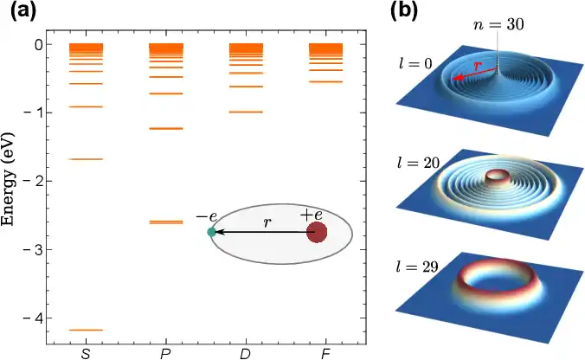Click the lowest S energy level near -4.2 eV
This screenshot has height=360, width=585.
click(87, 330)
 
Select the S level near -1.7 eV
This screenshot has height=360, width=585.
click(87, 159)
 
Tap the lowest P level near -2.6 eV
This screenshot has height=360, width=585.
click(166, 222)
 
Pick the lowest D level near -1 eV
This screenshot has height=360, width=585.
click(246, 112)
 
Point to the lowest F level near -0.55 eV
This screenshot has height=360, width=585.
click(325, 81)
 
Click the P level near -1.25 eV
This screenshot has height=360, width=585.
click(166, 129)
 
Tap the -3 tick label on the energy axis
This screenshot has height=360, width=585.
click(33, 249)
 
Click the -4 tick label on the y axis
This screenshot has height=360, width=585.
click(33, 318)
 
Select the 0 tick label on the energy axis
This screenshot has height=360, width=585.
click(38, 45)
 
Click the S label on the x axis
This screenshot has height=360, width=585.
click(86, 354)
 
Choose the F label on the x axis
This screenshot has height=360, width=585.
click(325, 354)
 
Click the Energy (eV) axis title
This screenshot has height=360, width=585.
click(7, 178)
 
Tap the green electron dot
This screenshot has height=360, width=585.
click(211, 232)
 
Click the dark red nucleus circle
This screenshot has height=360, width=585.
click(317, 233)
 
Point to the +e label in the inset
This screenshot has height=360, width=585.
click(312, 215)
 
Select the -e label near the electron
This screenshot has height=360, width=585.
click(206, 216)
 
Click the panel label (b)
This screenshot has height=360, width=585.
click(404, 11)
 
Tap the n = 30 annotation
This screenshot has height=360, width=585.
click(498, 24)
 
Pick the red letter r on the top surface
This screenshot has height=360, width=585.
click(478, 66)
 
